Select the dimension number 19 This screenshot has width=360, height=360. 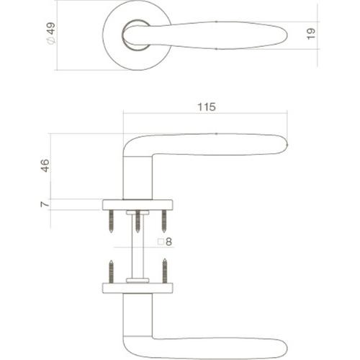coord(310,35)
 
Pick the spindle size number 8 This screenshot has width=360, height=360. coord(169,242)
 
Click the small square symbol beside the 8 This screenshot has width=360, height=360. coord(161,242)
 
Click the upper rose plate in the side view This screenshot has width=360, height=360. coord(138,204)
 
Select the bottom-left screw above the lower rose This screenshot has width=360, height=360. coord(112,271)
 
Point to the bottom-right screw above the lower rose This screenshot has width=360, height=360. coord(164,271)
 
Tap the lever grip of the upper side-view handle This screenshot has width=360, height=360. coord(223,143)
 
